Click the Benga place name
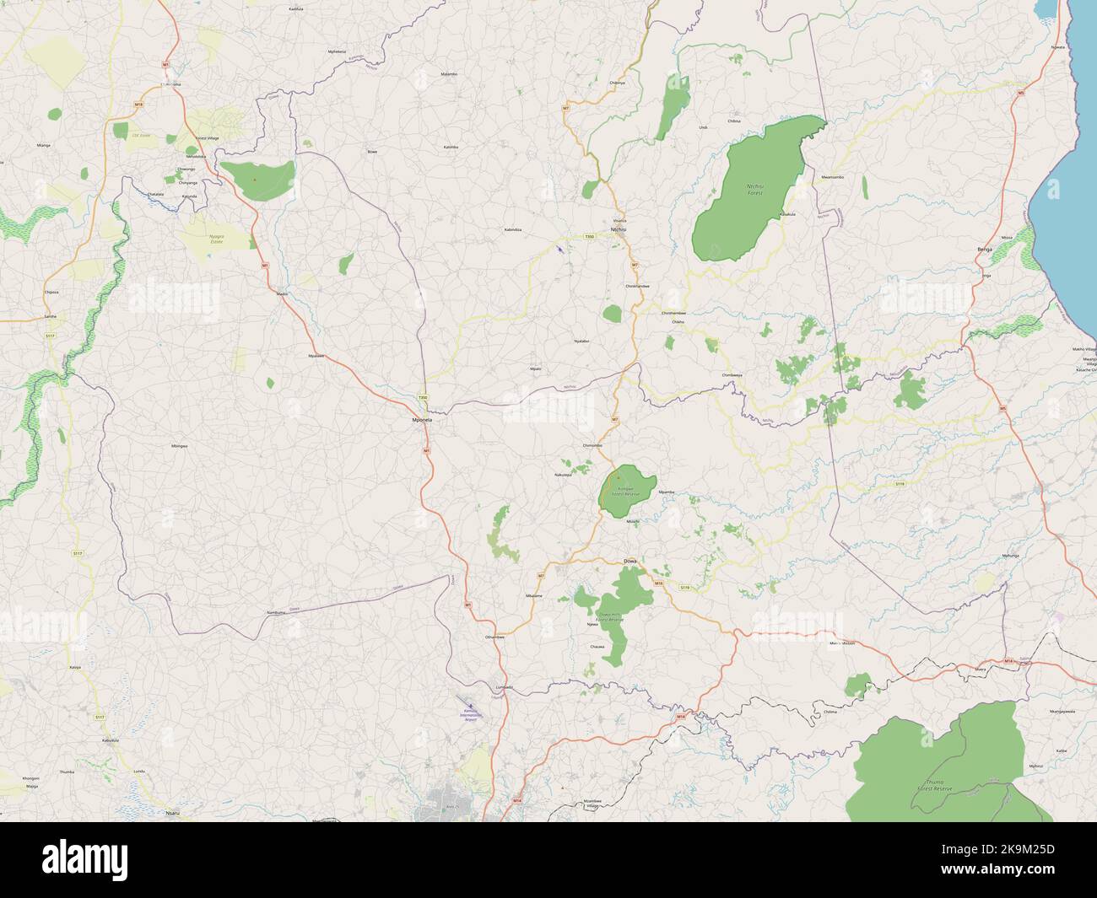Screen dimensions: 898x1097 coord(984,250)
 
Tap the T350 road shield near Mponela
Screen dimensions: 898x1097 coord(423,398)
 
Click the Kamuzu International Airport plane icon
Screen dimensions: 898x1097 coord(468,703)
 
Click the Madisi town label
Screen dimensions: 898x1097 coord(283,293)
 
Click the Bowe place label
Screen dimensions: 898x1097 coord(372,152)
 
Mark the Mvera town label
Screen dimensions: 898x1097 coord(980,669)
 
